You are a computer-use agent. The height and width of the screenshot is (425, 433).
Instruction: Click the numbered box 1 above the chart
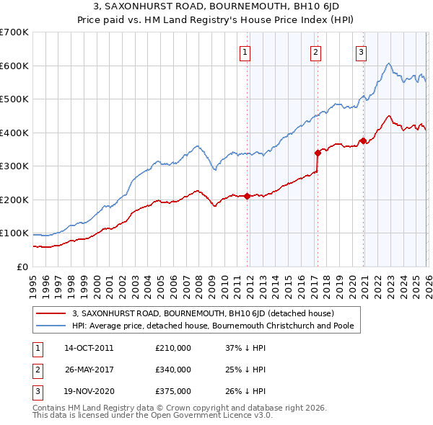point(245,51)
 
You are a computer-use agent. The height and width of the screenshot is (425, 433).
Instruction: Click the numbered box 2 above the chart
point(316,51)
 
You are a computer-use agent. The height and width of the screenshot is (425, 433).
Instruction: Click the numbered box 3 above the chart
point(361,51)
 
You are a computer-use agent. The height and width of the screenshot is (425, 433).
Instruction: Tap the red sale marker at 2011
point(247,196)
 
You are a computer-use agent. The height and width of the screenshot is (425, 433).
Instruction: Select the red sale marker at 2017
point(318,152)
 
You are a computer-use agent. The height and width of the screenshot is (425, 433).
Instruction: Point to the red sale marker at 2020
point(362,140)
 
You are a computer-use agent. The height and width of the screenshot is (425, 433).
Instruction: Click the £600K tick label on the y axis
point(14,66)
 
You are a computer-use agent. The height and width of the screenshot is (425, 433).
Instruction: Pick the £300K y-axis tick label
point(14,166)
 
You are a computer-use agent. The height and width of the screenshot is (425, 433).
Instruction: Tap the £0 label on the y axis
point(22,267)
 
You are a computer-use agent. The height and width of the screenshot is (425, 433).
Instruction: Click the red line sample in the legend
point(51,314)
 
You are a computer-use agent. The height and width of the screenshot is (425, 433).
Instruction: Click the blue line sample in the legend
point(51,326)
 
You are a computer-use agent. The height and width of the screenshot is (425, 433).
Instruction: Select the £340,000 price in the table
point(173,370)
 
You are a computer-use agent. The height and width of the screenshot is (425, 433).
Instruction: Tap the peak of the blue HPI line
point(389,63)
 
